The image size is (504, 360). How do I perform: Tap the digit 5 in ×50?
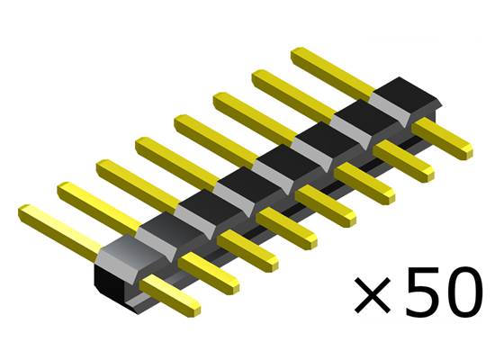click(420, 292)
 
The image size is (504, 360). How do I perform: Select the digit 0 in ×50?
click(469, 292)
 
